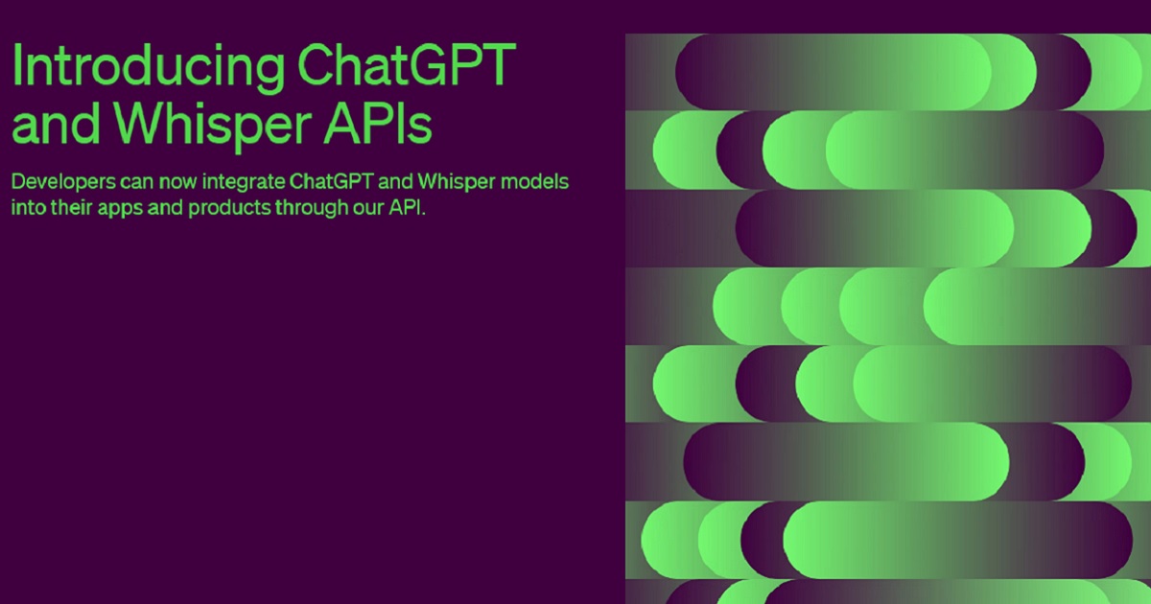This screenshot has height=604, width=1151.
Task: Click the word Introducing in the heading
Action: coord(148,67)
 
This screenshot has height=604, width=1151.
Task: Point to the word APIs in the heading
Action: coord(378,123)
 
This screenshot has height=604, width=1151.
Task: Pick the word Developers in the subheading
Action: coord(63,183)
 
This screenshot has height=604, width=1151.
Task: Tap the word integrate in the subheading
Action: coord(243,183)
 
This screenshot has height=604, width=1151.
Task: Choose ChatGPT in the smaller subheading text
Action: coord(331,181)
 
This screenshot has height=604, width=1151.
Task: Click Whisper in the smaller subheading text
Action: coord(457,183)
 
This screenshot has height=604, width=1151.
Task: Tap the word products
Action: coord(229,209)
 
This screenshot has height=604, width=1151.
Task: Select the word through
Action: coord(312,209)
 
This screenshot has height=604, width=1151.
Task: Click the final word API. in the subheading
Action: coord(407,207)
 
